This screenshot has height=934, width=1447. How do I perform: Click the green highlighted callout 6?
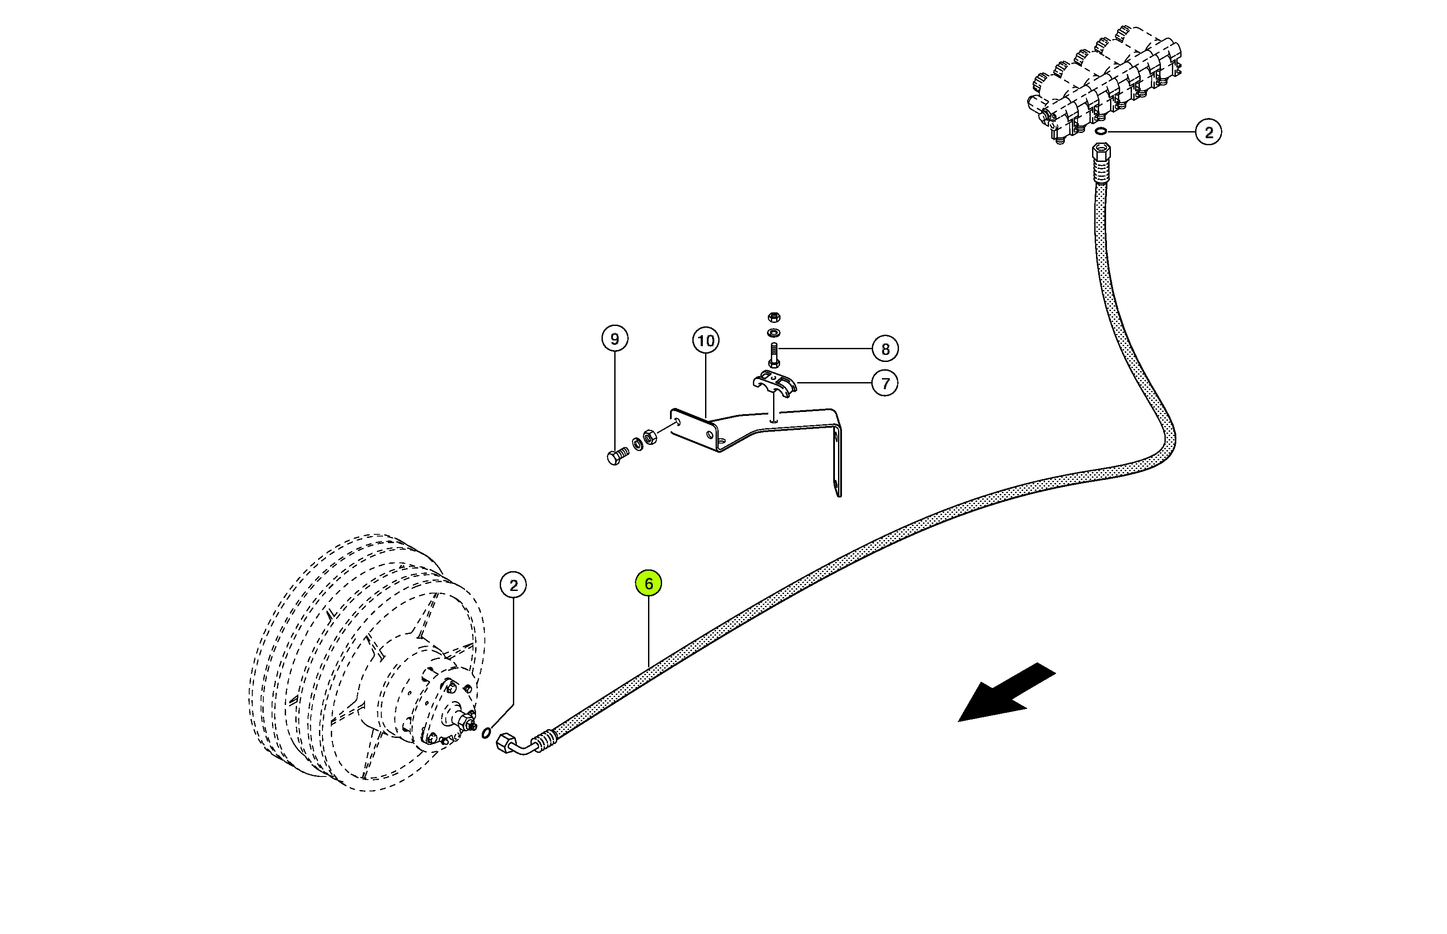(648, 583)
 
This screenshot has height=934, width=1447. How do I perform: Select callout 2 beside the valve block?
(1209, 132)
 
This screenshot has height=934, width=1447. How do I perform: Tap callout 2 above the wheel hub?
(514, 585)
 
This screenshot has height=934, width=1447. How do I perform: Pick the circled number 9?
(615, 338)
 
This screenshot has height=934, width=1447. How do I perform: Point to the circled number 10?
(706, 341)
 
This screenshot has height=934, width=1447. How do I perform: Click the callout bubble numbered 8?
(885, 349)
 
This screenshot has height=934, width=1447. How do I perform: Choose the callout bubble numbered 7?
(885, 383)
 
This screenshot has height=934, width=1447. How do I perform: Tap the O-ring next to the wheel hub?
(486, 734)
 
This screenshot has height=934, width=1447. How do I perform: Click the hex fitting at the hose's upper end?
(1101, 152)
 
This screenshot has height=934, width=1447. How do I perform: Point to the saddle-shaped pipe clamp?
(774, 382)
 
